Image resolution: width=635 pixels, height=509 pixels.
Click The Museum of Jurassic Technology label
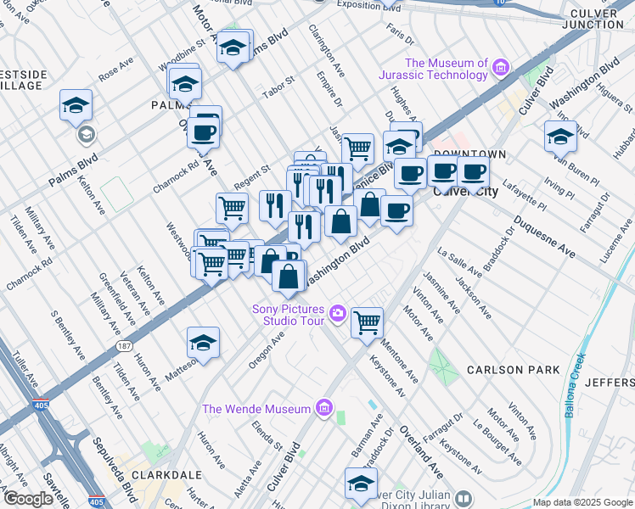tap(447, 69)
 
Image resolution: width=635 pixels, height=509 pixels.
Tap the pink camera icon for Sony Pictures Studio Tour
tap(338, 315)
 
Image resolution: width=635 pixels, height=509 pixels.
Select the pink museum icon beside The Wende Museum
tap(323, 409)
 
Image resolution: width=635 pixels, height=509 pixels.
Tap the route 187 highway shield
tap(125, 346)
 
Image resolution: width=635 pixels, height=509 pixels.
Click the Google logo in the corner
tap(28, 499)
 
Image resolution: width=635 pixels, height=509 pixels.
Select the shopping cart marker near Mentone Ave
tap(367, 322)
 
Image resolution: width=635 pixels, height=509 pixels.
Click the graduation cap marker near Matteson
tap(203, 342)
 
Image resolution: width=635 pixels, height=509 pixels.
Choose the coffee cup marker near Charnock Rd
tap(205, 131)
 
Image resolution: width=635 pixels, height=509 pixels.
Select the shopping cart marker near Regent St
tap(232, 206)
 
